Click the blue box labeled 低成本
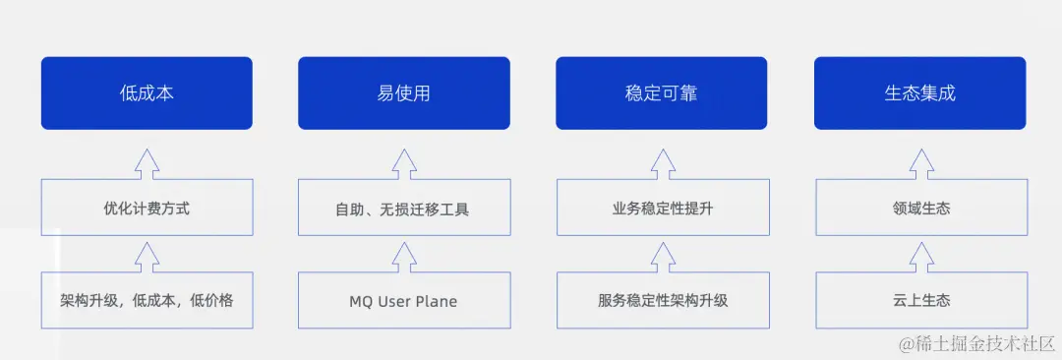coord(147,93)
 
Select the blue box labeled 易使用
coord(404,93)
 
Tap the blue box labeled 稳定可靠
coord(662,93)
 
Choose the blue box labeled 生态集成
coord(919,93)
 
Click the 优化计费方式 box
coord(147,209)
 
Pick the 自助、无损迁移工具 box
coord(404,209)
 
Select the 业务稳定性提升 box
coord(662,209)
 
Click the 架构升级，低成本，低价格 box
coord(147,300)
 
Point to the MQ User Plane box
coord(404,300)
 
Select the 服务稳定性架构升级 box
coord(662,300)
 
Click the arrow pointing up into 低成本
coord(147,163)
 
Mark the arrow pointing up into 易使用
coord(404,163)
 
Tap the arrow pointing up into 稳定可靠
coord(662,163)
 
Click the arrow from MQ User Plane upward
coord(404,257)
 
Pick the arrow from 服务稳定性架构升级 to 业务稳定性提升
coord(662,257)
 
